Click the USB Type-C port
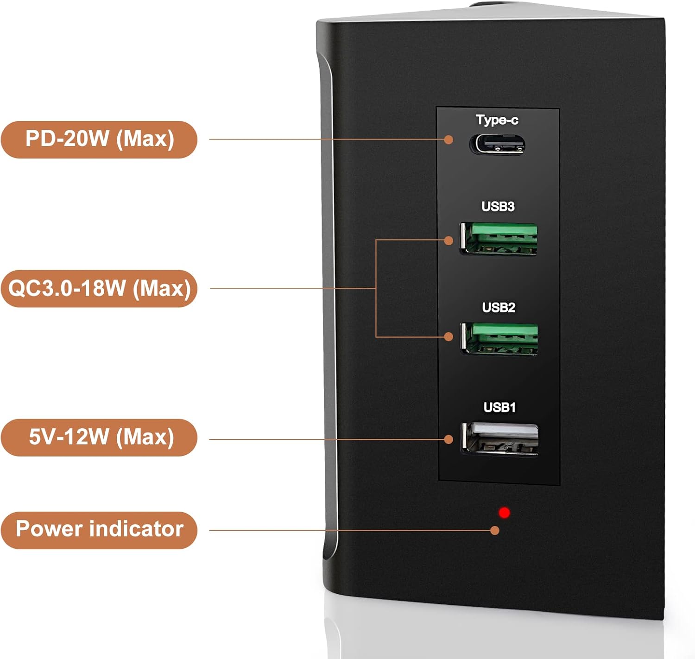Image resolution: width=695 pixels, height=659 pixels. (498, 144)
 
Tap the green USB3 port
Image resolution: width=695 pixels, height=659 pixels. (499, 239)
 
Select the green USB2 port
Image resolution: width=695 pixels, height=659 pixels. (499, 339)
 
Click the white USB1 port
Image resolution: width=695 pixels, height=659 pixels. (500, 439)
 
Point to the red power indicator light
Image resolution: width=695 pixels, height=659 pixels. (505, 513)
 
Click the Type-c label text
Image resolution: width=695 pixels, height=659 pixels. (497, 120)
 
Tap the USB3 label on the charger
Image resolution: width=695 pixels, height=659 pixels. (498, 207)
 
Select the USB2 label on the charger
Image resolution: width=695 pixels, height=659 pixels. (499, 307)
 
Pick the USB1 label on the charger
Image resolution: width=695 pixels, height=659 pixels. (499, 407)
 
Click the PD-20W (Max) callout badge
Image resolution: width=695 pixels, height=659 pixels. (99, 139)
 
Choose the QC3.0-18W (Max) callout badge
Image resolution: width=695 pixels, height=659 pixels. (99, 288)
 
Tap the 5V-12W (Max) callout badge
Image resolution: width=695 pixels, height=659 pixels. (99, 437)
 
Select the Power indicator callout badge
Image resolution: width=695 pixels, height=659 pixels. (99, 530)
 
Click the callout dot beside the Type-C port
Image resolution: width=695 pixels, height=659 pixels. (448, 139)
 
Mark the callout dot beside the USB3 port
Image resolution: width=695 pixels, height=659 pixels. (448, 240)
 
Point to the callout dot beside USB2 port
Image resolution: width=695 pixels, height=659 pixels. (448, 336)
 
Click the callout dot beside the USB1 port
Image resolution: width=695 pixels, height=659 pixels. (448, 439)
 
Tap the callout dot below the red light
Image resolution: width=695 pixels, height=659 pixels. (495, 530)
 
